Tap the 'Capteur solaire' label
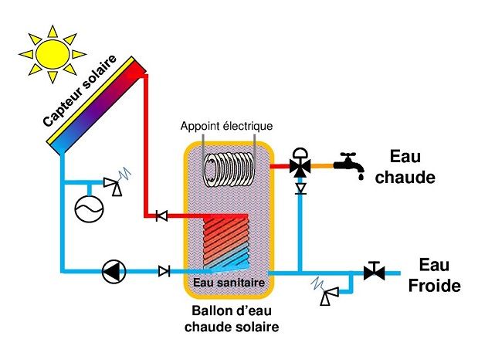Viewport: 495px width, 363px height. (x=80, y=93)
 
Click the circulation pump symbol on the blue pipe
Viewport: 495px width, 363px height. (x=114, y=271)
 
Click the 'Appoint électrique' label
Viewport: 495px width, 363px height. (x=226, y=126)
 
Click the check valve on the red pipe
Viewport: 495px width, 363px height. (x=161, y=216)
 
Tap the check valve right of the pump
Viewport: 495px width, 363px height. (x=164, y=271)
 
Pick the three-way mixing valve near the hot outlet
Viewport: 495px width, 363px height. (x=300, y=164)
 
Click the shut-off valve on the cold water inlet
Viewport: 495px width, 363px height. (x=375, y=272)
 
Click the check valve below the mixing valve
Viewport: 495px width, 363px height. (x=300, y=188)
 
